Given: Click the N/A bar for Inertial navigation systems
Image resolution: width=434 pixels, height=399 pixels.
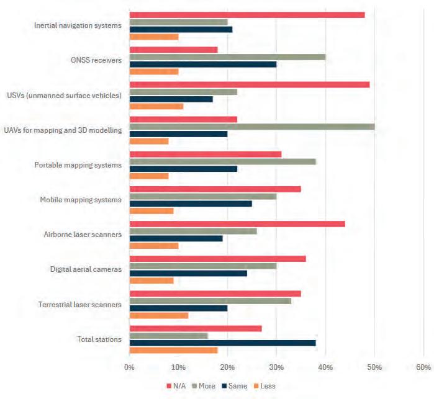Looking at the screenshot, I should [246, 15].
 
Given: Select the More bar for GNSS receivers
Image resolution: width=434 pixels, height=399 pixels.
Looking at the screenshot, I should [227, 57].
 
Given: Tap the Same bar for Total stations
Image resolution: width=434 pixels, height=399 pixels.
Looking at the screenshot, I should [222, 343].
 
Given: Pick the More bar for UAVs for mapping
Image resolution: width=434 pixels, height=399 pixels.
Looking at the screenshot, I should [251, 127].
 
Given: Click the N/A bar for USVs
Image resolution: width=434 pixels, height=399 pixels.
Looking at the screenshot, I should [249, 84].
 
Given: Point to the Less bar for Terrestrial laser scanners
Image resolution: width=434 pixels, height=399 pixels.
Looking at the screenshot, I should [158, 315].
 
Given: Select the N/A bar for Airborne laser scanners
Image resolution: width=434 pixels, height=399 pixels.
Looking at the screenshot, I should [237, 223].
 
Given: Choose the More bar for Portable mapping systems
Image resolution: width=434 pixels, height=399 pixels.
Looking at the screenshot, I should [222, 161].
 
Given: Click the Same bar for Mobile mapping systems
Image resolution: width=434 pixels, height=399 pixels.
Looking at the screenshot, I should [190, 204].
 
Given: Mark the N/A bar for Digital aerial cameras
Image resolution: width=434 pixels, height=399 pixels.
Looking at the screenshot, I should [217, 258].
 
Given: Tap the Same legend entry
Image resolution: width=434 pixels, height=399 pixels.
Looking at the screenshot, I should [235, 386].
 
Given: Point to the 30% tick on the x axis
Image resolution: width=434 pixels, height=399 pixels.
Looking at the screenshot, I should [276, 367].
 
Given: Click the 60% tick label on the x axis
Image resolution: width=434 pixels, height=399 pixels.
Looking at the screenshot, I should [423, 367].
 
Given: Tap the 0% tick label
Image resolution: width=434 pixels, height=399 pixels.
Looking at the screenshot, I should [129, 367].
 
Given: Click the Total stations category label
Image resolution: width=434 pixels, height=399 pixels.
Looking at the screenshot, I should [99, 339].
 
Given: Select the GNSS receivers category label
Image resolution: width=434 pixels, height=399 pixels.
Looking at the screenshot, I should [96, 61].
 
